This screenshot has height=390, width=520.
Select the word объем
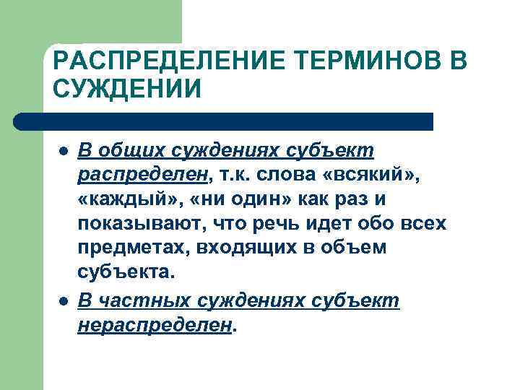pos(357,248)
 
